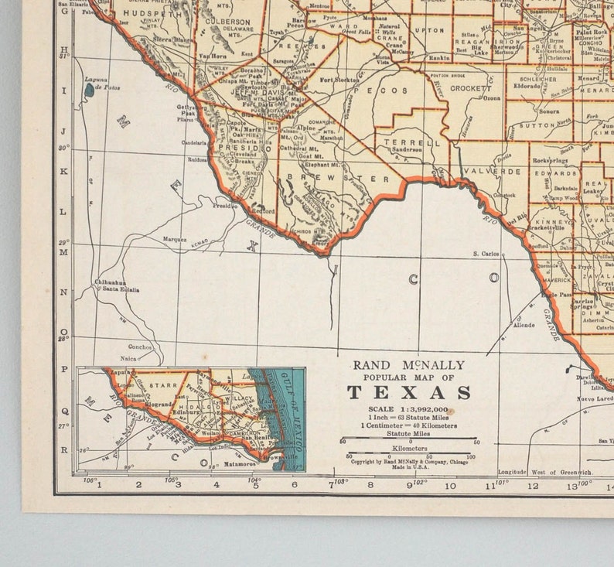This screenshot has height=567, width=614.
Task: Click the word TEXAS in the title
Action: click(409, 391)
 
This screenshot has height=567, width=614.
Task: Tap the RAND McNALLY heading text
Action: click(409, 365)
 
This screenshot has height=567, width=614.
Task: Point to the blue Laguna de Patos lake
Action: click(90, 91)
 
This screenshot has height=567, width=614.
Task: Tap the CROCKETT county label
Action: click(467, 89)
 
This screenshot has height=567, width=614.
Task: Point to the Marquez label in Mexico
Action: click(174, 240)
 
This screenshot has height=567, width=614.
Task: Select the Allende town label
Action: click(524, 326)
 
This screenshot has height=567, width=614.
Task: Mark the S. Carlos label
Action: click(486, 253)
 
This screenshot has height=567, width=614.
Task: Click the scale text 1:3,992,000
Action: click(409, 408)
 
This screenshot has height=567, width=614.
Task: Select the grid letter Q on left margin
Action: click(65, 412)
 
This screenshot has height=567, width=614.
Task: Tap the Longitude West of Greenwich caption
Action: click(545, 472)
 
